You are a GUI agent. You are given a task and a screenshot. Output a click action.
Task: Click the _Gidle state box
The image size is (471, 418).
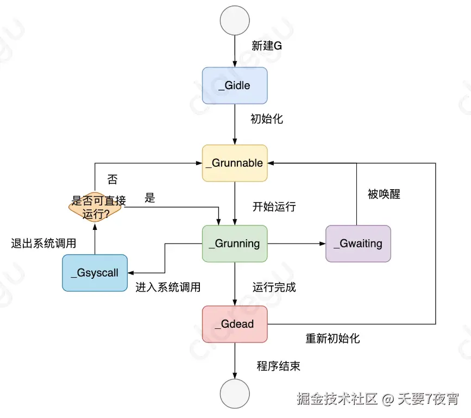tap(235, 85)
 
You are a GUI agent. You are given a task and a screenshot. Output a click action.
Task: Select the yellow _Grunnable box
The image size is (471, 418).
tap(235, 163)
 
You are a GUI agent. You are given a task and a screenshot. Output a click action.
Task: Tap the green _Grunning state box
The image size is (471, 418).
tap(235, 244)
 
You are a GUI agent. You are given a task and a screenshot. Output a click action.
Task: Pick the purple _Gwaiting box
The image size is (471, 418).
tap(358, 244)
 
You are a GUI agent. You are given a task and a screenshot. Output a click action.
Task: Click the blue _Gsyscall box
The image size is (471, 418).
tap(95, 273)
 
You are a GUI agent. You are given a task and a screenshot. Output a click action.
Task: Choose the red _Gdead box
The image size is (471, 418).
tap(235, 324)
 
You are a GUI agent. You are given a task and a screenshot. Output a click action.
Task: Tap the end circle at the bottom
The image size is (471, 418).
tap(235, 394)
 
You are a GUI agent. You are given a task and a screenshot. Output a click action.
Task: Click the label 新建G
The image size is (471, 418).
tap(267, 46)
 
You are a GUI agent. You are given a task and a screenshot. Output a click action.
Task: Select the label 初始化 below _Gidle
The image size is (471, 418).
tap(267, 119)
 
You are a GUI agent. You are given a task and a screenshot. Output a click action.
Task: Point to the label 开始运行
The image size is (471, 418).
tap(274, 207)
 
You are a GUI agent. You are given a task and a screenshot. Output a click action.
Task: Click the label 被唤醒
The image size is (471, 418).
tap(384, 194)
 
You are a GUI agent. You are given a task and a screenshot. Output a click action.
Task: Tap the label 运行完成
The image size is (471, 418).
tap(274, 288)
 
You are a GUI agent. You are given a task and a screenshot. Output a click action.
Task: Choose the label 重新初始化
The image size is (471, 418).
tap(332, 339)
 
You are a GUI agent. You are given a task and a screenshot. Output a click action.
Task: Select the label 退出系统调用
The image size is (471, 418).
tap(43, 244)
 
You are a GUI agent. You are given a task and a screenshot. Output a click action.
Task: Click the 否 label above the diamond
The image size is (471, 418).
tap(112, 179)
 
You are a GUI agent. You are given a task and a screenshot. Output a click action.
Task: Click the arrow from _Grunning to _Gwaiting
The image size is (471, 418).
tap(296, 244)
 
